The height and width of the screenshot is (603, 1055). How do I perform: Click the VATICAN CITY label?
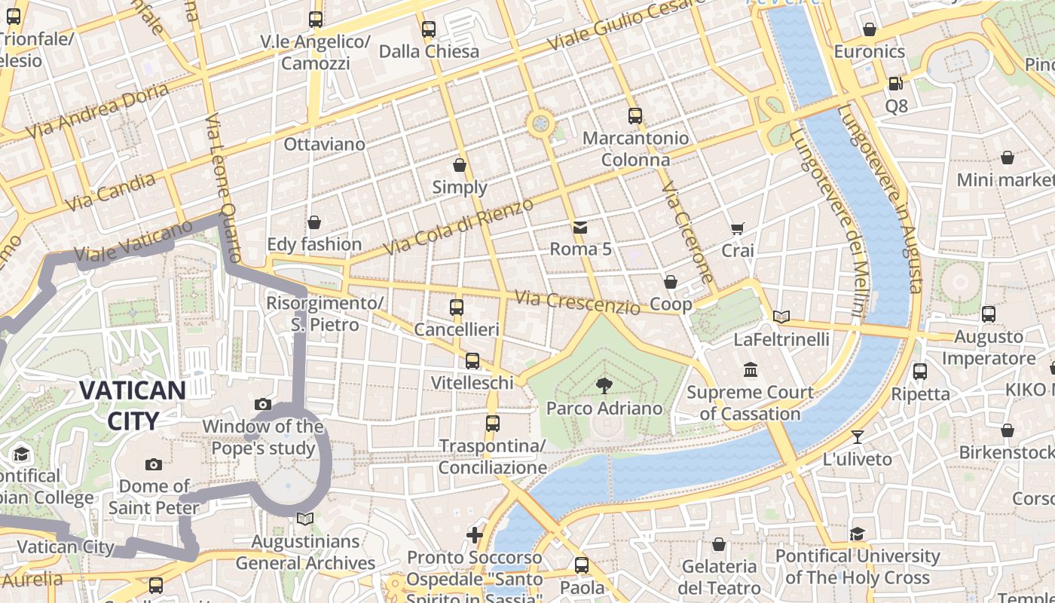(x=132, y=406)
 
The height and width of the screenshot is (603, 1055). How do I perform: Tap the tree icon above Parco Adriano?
(x=604, y=386)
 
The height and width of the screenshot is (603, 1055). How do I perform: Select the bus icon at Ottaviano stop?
(x=316, y=20)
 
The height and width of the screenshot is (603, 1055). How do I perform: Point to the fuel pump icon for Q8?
(x=895, y=84)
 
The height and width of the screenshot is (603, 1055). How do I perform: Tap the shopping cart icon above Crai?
(x=737, y=228)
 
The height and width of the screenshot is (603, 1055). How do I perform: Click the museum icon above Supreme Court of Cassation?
(x=750, y=370)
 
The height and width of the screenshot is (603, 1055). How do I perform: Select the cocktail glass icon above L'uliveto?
(x=857, y=437)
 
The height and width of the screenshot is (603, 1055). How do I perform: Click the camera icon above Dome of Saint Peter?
(x=154, y=464)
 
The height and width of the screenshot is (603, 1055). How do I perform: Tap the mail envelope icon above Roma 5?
(x=579, y=227)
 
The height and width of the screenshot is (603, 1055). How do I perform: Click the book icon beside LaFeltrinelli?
(x=781, y=317)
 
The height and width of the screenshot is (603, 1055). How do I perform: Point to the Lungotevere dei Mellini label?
(x=827, y=223)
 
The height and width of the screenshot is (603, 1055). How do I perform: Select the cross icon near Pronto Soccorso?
(x=475, y=535)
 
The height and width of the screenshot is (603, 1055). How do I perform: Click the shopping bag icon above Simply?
(x=460, y=165)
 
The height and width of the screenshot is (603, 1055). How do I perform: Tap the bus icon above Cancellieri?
(x=456, y=308)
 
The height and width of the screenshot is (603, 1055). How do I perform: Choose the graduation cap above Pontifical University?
(x=857, y=534)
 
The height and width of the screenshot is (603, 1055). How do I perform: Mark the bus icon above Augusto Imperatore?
(x=988, y=314)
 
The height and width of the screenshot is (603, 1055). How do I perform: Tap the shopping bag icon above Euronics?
(x=869, y=30)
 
